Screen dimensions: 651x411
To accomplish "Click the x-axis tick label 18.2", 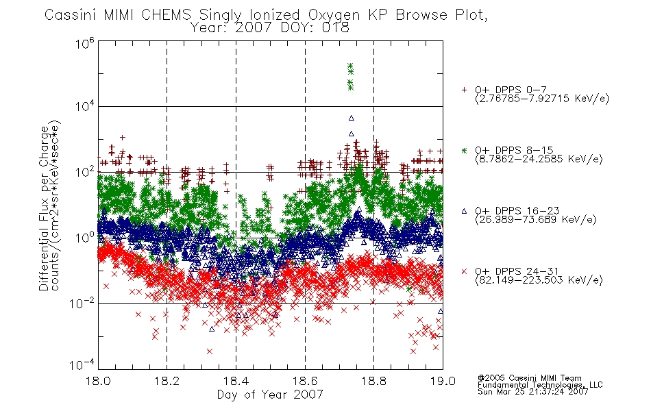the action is click(x=167, y=381).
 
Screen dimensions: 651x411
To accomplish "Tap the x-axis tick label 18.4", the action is click(x=236, y=381).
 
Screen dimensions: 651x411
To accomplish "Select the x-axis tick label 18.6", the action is click(x=305, y=381).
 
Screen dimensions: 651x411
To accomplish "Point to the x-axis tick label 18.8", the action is click(x=373, y=381).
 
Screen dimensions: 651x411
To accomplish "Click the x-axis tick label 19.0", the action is click(x=443, y=381).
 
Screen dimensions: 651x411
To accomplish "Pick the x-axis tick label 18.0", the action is click(x=98, y=381).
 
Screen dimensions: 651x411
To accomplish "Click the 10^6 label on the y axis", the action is click(x=85, y=43).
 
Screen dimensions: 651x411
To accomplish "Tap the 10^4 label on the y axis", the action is click(x=85, y=106).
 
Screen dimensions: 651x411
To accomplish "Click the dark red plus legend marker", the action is click(x=464, y=90).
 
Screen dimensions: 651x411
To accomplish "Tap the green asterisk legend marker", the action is click(x=464, y=150).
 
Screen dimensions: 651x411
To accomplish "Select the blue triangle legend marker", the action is click(x=464, y=211).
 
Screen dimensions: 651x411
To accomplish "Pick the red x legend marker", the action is click(x=464, y=271).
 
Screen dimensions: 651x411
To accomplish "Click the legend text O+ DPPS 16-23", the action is click(x=517, y=210).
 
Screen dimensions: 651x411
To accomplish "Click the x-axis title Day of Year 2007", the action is click(x=270, y=395).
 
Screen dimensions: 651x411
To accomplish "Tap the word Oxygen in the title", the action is click(x=334, y=15).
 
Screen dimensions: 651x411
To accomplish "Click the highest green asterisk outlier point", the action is click(x=350, y=66).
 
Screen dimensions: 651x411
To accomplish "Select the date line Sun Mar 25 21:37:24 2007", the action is click(x=532, y=391).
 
